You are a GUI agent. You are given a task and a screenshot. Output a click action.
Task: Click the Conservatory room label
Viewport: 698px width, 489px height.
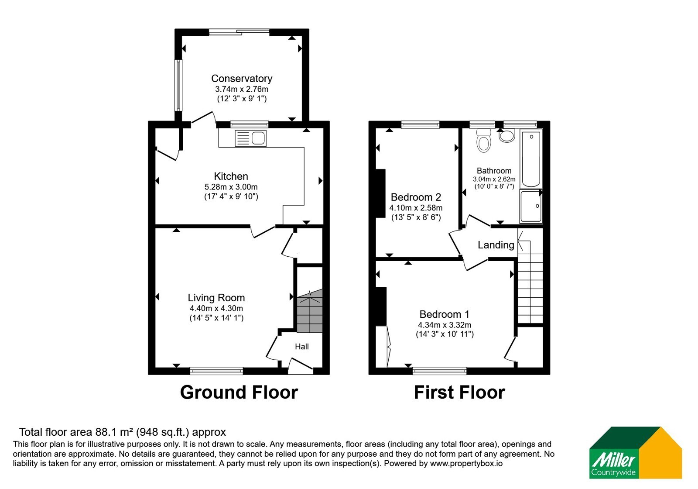[242, 78]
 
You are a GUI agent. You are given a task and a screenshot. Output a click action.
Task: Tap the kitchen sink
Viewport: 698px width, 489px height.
[251, 138]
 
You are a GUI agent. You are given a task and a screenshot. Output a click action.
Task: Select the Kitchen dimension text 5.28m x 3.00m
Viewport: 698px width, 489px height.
[231, 187]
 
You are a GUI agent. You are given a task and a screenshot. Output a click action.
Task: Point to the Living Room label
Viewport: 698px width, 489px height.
[216, 298]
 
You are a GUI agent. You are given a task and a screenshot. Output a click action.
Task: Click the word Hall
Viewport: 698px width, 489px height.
[301, 347]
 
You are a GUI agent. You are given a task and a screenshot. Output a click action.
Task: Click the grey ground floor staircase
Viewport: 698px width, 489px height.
[310, 311]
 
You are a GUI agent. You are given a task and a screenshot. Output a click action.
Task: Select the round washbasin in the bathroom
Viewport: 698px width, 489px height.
[506, 136]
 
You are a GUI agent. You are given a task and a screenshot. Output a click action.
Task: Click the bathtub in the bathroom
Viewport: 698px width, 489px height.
[531, 159]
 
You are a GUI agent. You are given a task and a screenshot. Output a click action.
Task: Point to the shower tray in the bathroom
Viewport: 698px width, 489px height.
[531, 206]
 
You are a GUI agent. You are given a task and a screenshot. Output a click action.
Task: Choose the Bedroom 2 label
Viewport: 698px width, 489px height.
[416, 197]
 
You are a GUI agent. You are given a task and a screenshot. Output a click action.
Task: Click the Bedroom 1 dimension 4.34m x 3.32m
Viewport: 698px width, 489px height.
[445, 325]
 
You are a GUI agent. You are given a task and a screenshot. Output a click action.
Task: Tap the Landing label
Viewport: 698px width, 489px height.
[496, 245]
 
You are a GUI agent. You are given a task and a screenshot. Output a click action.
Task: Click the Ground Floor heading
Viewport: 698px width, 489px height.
[239, 393]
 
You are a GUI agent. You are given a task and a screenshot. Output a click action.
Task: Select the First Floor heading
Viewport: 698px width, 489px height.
[459, 393]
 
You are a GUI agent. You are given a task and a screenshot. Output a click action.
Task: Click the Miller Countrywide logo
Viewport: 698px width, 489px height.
[635, 452]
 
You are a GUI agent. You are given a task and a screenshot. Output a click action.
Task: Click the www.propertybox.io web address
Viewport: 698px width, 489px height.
[466, 463]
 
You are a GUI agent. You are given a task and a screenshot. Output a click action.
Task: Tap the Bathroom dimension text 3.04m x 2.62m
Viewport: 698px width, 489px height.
[494, 179]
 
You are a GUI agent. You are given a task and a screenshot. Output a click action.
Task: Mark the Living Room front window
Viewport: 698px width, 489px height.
[216, 371]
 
